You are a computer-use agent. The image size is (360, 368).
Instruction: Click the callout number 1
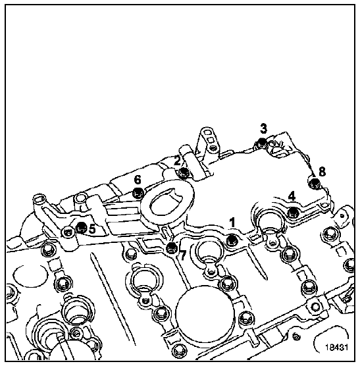(x=232, y=223)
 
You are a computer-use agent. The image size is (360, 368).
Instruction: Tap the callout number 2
(x=178, y=161)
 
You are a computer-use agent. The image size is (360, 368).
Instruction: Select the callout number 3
(x=263, y=128)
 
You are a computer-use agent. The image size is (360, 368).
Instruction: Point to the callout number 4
(x=292, y=196)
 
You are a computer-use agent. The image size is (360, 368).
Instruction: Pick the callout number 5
(x=92, y=228)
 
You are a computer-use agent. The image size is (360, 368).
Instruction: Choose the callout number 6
(x=138, y=180)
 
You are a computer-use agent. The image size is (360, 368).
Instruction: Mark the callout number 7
(x=182, y=255)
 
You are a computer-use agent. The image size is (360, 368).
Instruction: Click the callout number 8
(x=322, y=172)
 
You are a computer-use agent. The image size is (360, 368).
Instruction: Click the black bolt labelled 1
(x=232, y=240)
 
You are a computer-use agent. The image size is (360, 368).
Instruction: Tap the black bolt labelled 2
(x=183, y=172)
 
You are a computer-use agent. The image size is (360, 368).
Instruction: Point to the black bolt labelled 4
(x=293, y=212)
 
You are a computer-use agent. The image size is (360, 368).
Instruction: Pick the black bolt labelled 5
(x=81, y=227)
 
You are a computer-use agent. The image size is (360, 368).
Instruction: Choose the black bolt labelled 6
(x=138, y=193)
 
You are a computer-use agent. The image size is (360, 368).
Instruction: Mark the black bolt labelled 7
(x=171, y=248)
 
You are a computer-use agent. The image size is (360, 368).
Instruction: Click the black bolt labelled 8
(x=315, y=183)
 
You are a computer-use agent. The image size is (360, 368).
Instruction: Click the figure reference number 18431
(x=336, y=347)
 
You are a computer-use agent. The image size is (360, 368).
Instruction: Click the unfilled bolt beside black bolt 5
(x=68, y=232)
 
